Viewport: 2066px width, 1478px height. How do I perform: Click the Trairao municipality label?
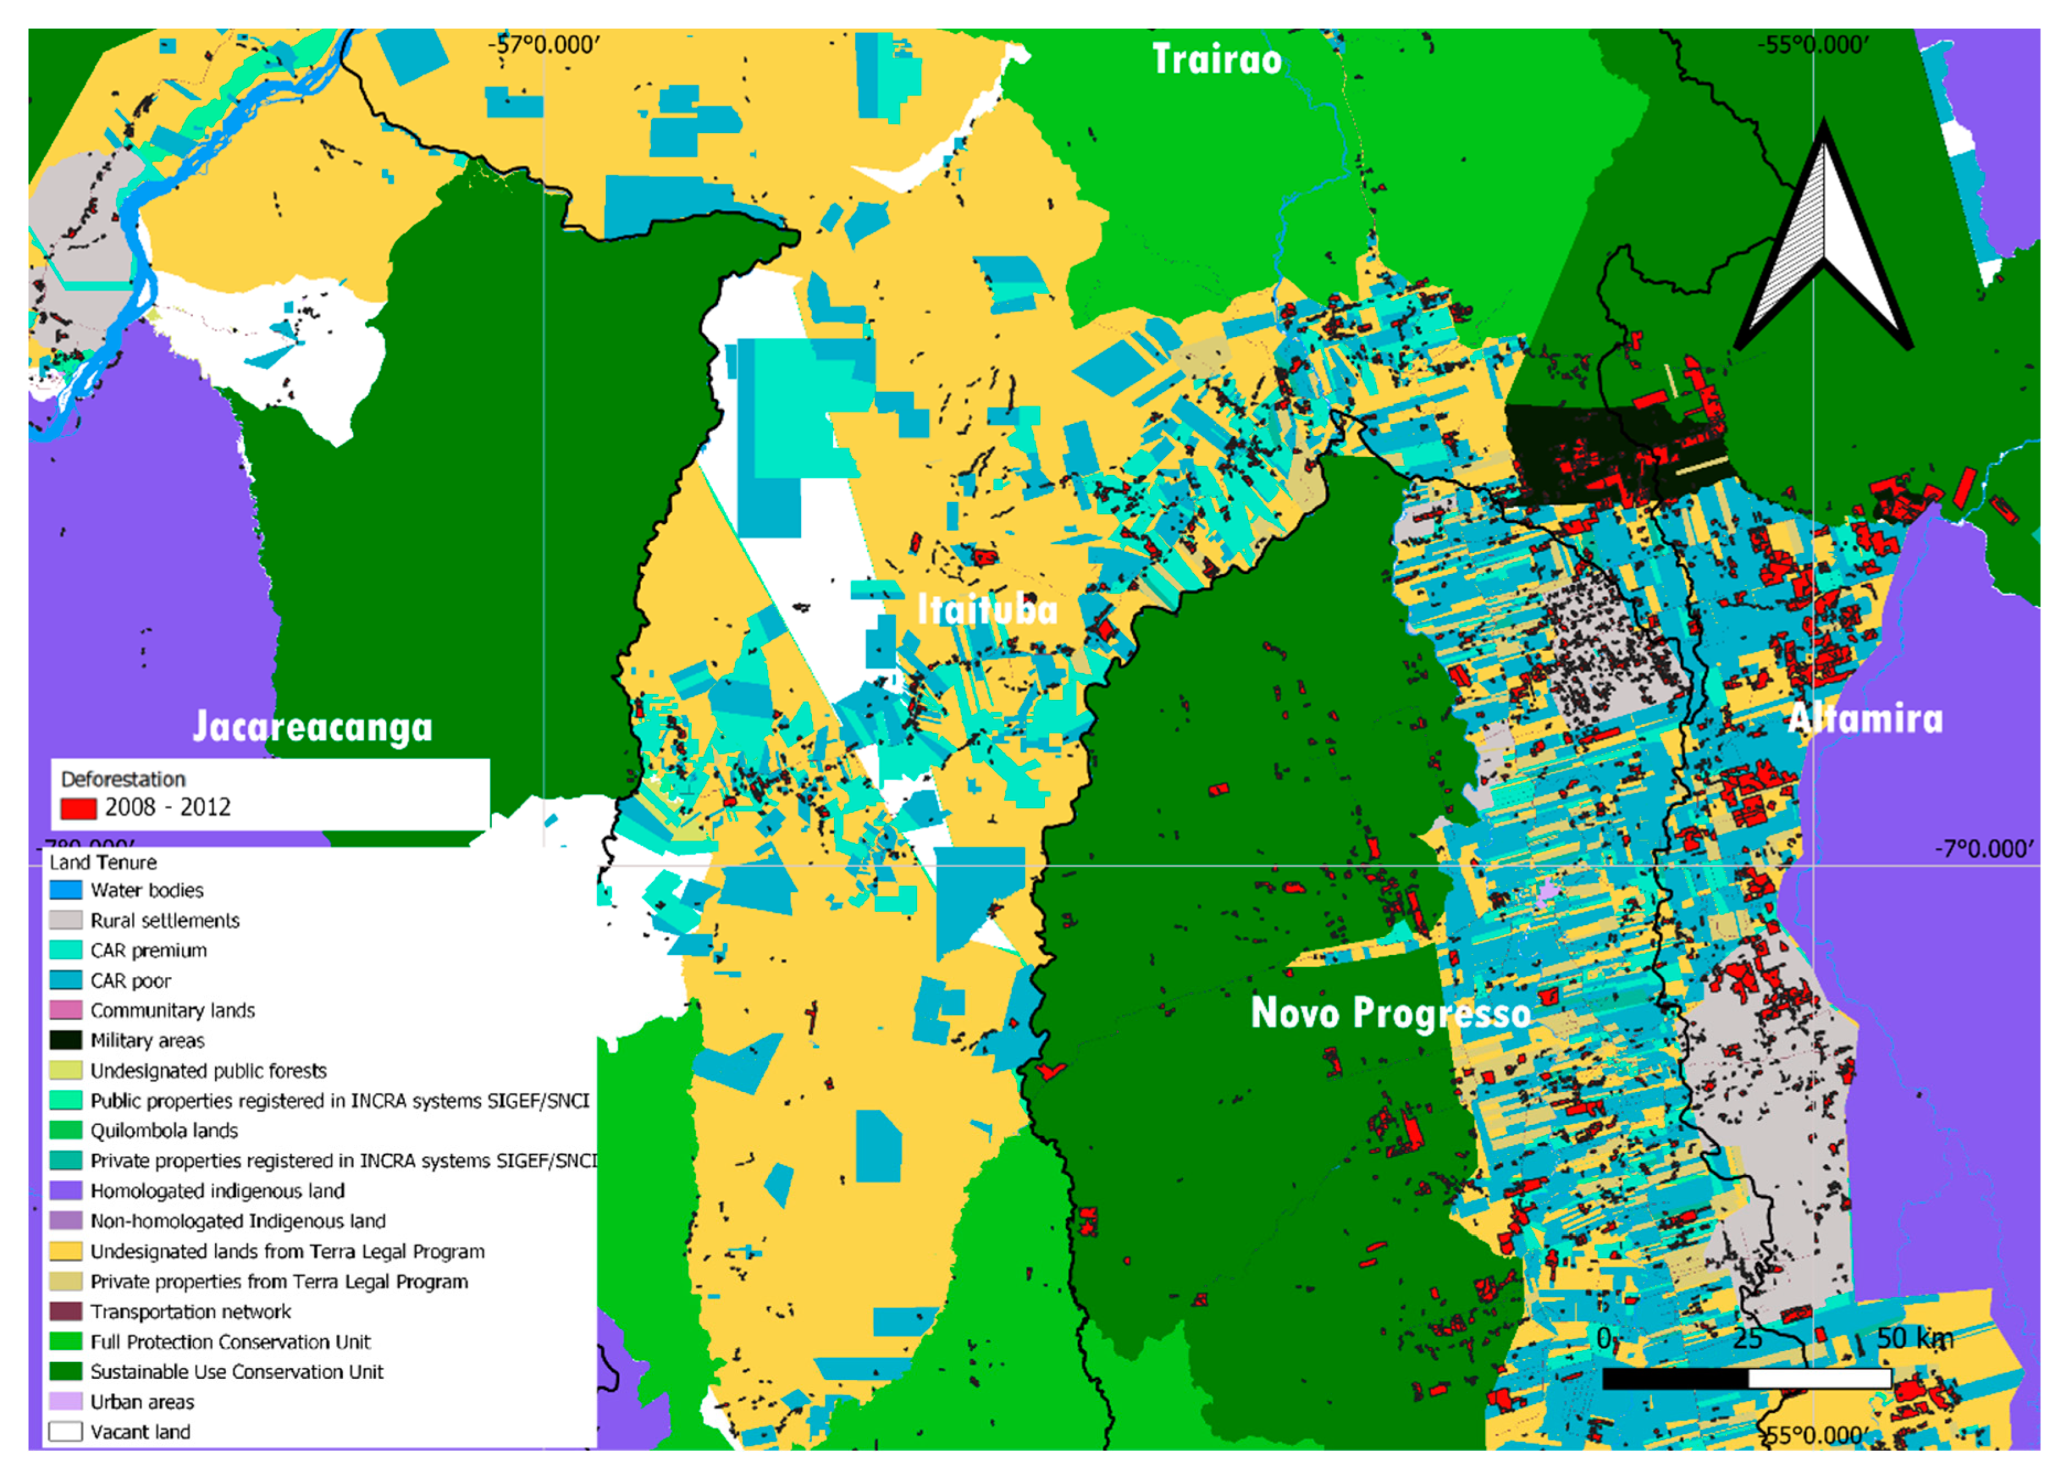pyautogui.click(x=1217, y=60)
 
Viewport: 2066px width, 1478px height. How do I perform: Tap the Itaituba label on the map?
pyautogui.click(x=988, y=610)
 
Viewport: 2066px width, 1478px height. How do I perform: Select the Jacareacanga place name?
pyautogui.click(x=313, y=727)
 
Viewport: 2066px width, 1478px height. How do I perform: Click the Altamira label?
pyautogui.click(x=1865, y=719)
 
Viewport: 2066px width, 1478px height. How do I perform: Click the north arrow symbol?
pyautogui.click(x=1824, y=241)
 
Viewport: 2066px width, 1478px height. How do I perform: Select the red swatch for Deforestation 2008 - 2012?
pyautogui.click(x=78, y=808)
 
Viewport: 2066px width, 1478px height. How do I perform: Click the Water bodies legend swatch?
pyautogui.click(x=66, y=890)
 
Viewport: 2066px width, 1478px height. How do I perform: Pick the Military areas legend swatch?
pyautogui.click(x=66, y=1040)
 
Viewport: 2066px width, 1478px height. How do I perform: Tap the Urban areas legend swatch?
pyautogui.click(x=66, y=1401)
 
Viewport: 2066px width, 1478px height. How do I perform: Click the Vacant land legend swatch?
pyautogui.click(x=66, y=1431)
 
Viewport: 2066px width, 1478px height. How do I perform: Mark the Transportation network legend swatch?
pyautogui.click(x=66, y=1311)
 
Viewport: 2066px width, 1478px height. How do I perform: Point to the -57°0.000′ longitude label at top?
pyautogui.click(x=544, y=45)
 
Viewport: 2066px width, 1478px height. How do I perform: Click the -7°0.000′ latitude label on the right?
pyautogui.click(x=1983, y=849)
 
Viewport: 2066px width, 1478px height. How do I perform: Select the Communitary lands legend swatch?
pyautogui.click(x=66, y=1010)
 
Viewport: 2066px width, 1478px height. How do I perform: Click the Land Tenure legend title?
pyautogui.click(x=103, y=862)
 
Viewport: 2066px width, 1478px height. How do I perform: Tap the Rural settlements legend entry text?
pyautogui.click(x=165, y=920)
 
